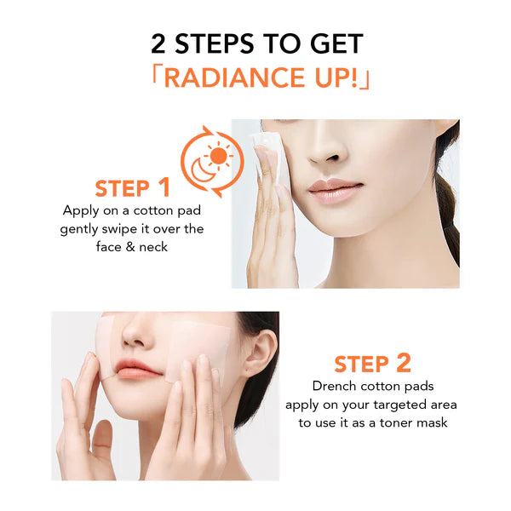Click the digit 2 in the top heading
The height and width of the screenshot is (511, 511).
coord(158,43)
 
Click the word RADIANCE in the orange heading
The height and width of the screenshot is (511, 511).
coord(234,78)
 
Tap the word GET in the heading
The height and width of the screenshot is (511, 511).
coord(336,43)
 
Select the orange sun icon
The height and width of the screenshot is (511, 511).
coord(218,156)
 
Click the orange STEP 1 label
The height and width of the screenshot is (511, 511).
coord(132,187)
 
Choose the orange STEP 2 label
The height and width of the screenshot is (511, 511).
coord(372,364)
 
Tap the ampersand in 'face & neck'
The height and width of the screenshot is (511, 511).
coord(130,247)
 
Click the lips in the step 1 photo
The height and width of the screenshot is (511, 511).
coord(335,190)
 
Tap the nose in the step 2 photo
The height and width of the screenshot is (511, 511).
coord(137,334)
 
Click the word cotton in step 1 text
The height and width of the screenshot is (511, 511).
coord(153,211)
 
